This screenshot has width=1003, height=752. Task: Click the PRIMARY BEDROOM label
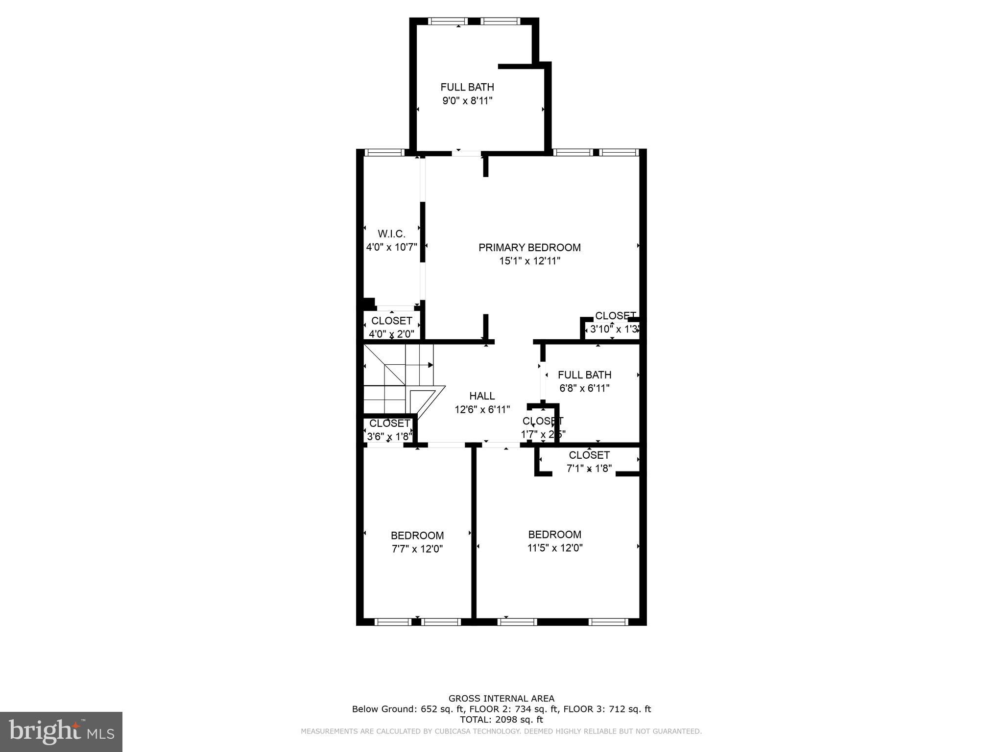(x=529, y=248)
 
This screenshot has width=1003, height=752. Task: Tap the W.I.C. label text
(x=391, y=234)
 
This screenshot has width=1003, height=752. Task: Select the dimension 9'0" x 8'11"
(x=467, y=101)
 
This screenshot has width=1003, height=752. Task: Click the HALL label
(x=482, y=396)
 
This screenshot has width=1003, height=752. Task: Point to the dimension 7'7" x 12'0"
(x=417, y=549)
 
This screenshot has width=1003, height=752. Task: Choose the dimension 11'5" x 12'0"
(x=554, y=548)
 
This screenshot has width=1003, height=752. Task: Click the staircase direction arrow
(x=430, y=365)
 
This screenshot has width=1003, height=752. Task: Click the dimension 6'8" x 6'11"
(x=584, y=389)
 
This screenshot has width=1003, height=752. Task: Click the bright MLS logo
(x=61, y=731)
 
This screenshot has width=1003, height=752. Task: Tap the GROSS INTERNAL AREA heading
(x=501, y=699)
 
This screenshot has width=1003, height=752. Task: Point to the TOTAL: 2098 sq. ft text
(x=501, y=720)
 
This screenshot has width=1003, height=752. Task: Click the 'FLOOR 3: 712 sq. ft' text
(x=607, y=709)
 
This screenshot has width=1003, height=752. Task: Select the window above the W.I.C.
(x=385, y=153)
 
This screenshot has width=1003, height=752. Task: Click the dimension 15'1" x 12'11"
(x=529, y=261)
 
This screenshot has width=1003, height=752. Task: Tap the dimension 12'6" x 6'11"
(x=482, y=410)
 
